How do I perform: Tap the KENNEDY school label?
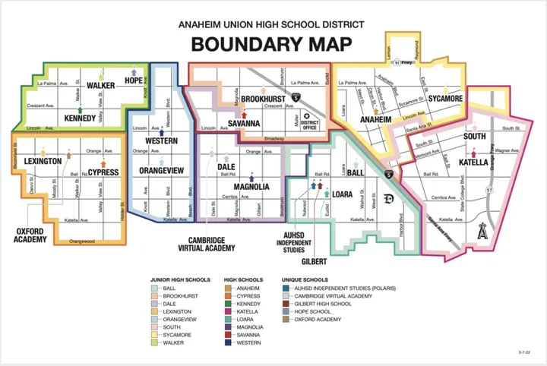80,118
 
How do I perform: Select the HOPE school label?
134,80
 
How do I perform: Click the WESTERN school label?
160,141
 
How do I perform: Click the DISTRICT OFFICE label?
309,124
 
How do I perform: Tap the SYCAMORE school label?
444,99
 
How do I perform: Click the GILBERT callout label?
314,261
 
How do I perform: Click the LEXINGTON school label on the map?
43,162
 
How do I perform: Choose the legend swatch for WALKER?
153,342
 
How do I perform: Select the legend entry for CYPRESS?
248,296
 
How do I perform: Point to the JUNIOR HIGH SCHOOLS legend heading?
181,279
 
